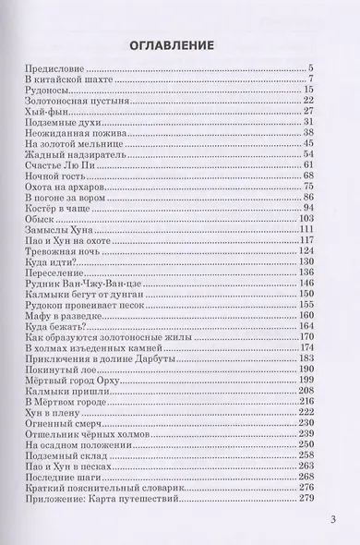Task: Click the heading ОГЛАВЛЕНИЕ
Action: point(180,43)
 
